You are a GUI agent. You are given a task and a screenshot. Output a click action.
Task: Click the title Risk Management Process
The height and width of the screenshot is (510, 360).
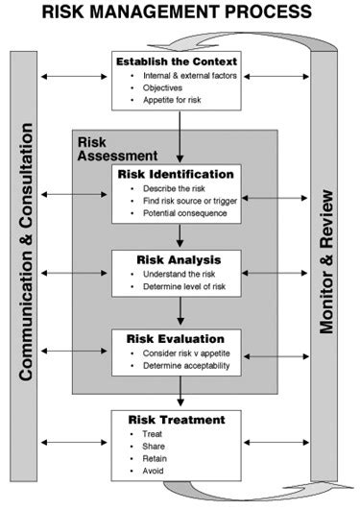(180, 12)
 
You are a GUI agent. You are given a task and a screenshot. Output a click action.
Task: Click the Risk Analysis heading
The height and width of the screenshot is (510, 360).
(179, 259)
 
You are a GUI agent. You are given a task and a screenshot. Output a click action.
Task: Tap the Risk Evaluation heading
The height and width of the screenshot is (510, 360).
(179, 338)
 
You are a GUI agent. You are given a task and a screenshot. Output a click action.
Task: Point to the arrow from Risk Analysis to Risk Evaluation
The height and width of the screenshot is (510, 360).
(180, 311)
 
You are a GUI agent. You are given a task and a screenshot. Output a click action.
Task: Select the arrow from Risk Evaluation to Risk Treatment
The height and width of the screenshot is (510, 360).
(180, 394)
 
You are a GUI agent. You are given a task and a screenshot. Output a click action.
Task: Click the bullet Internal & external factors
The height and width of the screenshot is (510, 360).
(188, 75)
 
